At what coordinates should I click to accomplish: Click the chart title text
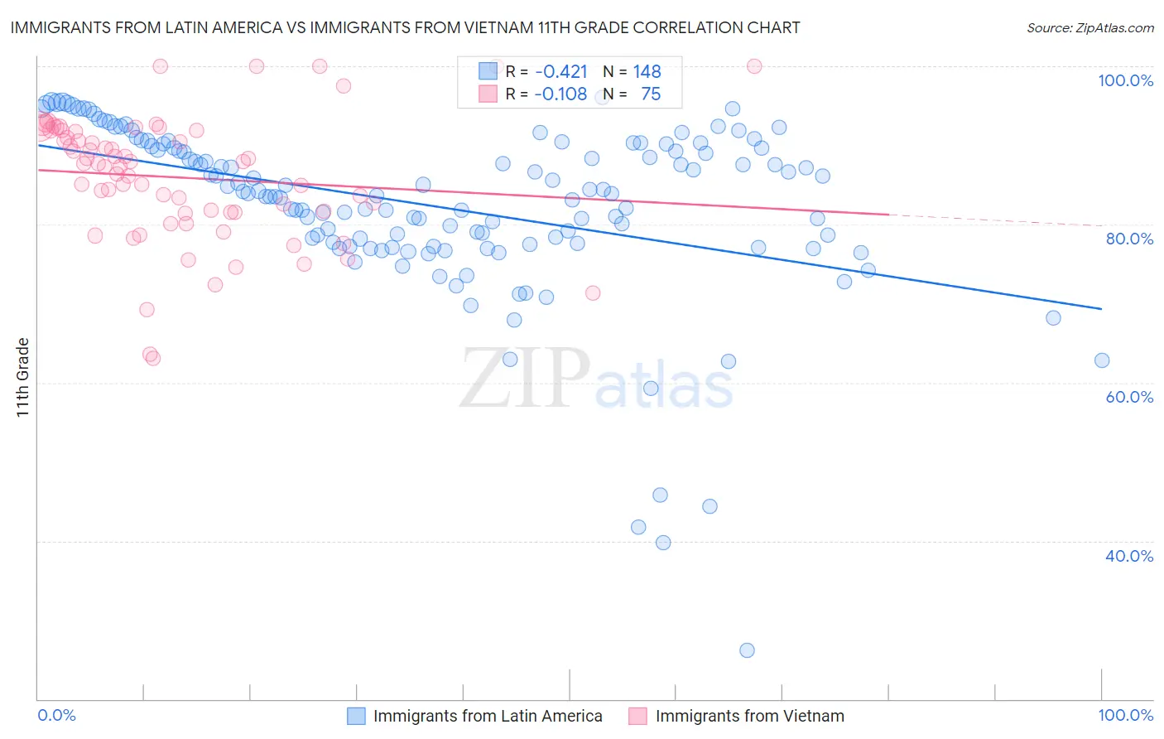tap(406, 27)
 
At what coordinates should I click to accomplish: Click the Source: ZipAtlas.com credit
tap(1089, 27)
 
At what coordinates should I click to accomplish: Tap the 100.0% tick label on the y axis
tap(1125, 80)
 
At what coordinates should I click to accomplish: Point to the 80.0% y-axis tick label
tap(1129, 239)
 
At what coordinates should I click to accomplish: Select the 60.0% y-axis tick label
tap(1129, 397)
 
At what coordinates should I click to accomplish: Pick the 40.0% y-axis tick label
tap(1129, 556)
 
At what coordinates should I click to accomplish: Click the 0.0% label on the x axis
tap(56, 715)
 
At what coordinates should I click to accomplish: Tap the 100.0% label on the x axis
tap(1125, 715)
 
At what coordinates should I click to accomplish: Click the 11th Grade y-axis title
tap(23, 377)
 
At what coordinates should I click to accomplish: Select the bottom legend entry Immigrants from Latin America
tap(488, 716)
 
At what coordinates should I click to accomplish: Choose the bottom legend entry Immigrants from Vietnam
tap(749, 716)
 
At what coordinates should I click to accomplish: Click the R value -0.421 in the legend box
tap(560, 71)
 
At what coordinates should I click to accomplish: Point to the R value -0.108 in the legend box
tap(560, 94)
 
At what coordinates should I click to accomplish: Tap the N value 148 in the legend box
tap(647, 71)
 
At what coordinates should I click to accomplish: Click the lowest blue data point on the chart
tap(747, 650)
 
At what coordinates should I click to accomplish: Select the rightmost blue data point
tap(1101, 360)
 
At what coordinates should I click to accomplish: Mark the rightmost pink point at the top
tap(753, 66)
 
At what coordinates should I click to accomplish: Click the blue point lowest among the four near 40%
tap(663, 543)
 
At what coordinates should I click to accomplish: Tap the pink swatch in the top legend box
tap(488, 94)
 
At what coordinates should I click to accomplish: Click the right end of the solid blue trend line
tap(1101, 309)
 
